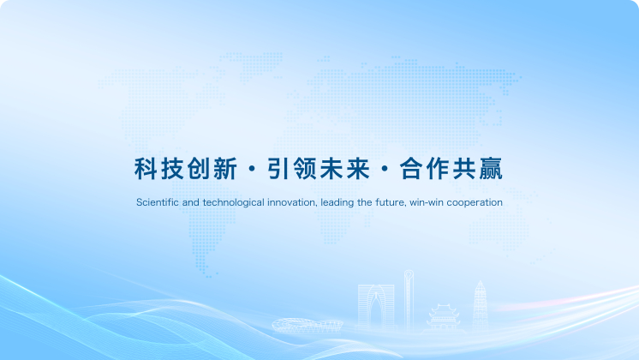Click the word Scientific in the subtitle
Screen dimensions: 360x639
point(156,203)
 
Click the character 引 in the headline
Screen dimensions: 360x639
point(278,169)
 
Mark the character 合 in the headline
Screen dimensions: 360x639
point(411,169)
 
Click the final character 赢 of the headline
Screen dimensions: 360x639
point(490,169)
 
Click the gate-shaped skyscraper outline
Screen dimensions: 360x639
point(376,304)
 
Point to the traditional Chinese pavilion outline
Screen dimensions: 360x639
point(444,316)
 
